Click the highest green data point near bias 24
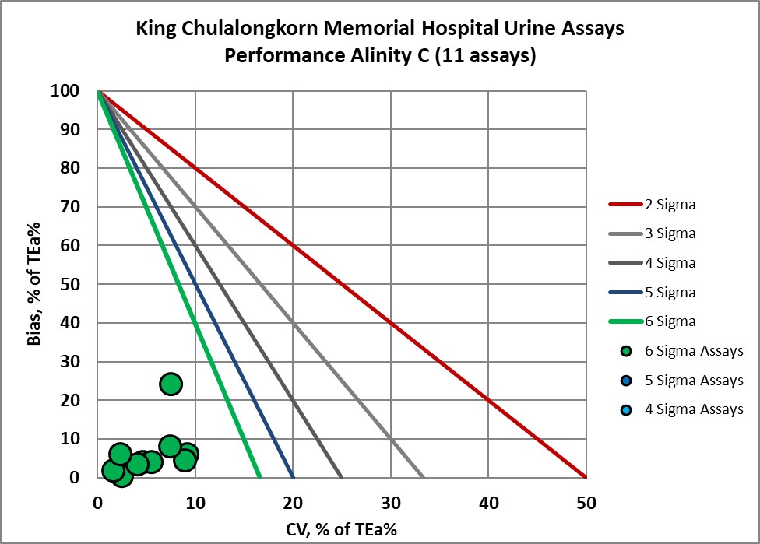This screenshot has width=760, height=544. click(x=171, y=384)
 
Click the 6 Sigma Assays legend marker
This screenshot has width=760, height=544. click(x=624, y=351)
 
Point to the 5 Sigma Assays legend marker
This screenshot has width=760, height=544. click(x=624, y=381)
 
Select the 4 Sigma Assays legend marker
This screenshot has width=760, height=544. click(x=624, y=409)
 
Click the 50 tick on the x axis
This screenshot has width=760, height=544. click(x=586, y=504)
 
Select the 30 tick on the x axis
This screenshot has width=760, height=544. click(x=390, y=504)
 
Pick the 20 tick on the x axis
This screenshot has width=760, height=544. click(x=293, y=504)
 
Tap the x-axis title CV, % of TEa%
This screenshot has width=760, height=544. click(x=341, y=530)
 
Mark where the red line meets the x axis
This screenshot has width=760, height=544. click(x=585, y=477)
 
